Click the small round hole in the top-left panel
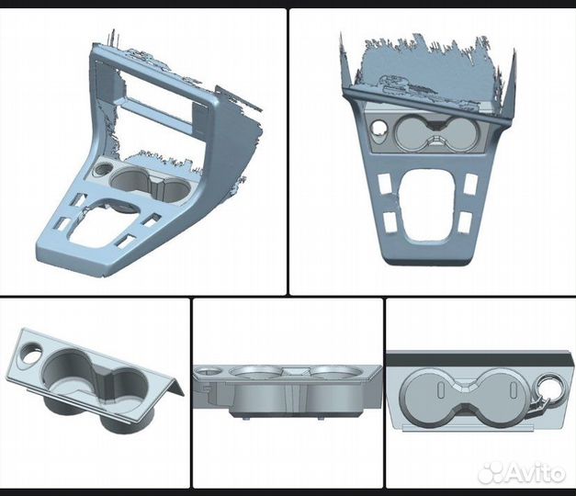(103, 169)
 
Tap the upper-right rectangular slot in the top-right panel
(471, 183)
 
